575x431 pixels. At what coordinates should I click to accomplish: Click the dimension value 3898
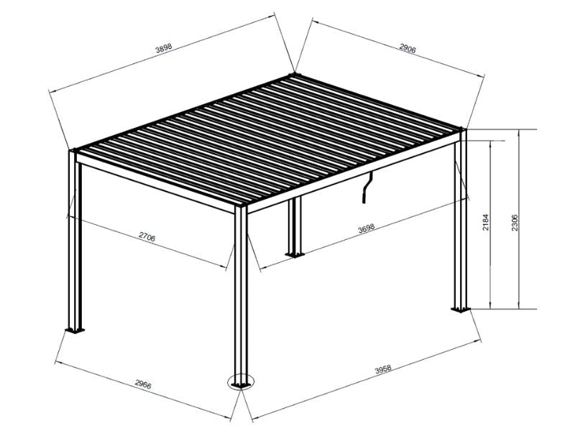(x=165, y=49)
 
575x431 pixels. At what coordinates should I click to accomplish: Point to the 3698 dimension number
(x=367, y=230)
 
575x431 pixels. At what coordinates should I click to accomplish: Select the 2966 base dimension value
(x=143, y=386)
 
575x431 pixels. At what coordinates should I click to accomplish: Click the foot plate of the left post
(x=74, y=330)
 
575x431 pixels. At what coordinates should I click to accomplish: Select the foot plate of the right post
(x=459, y=309)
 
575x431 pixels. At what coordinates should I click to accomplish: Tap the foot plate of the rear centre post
(x=293, y=254)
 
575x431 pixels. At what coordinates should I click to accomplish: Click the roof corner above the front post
(x=241, y=208)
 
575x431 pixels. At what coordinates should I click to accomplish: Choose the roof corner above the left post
(x=74, y=151)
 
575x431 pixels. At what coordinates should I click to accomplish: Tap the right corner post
(x=459, y=223)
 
